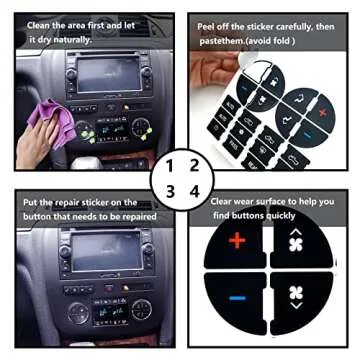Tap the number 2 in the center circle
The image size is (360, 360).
point(194,164)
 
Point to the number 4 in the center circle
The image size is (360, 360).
point(194,190)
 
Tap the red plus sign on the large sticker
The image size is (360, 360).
point(236,240)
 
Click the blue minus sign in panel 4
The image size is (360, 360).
point(236,297)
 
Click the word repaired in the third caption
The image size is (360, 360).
point(147,215)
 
